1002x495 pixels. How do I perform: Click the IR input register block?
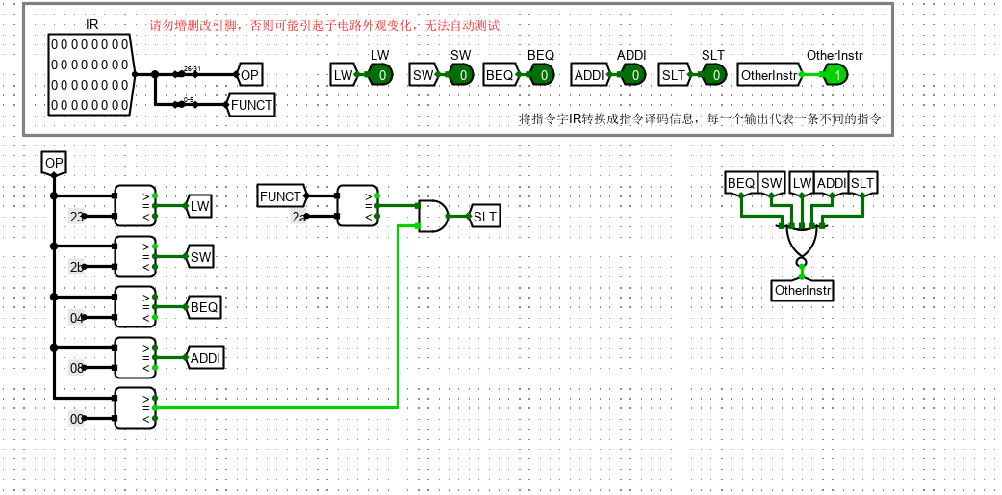tap(90, 74)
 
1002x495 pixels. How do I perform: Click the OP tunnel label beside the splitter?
tap(249, 74)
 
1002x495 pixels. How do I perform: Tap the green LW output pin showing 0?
tap(380, 75)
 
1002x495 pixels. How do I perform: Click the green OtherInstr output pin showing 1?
tap(835, 75)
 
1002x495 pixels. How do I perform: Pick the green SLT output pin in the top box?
tap(714, 75)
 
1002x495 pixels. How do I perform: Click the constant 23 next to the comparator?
tap(77, 217)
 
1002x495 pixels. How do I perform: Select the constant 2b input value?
tap(77, 267)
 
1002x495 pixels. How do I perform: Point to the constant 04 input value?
tap(77, 318)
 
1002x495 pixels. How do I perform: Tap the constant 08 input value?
tap(77, 368)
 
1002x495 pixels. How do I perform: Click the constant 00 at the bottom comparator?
tap(77, 419)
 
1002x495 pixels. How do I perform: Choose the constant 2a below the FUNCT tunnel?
tap(299, 218)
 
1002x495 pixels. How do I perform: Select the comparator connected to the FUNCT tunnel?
tap(357, 206)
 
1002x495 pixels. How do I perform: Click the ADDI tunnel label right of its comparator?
tap(205, 358)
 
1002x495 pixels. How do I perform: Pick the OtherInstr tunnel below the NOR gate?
tap(803, 290)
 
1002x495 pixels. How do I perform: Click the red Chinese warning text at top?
tap(324, 26)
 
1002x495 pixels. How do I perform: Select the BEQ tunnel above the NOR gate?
tap(740, 183)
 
